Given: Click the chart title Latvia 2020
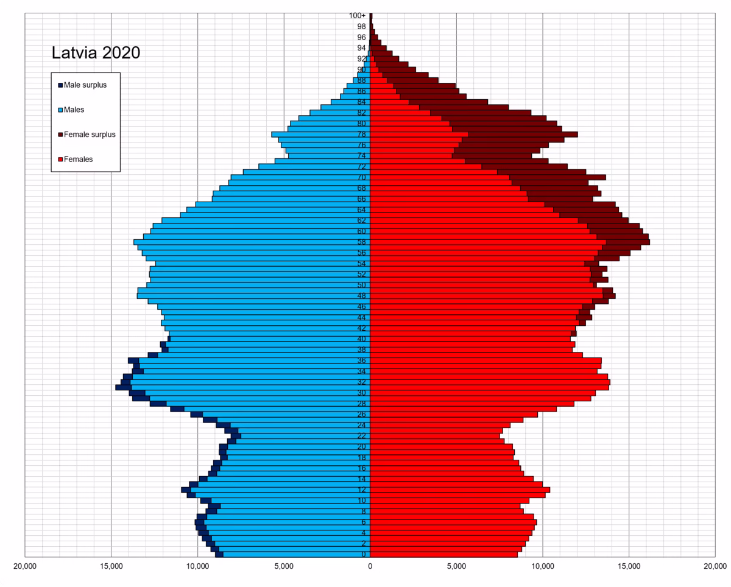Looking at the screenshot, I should click(96, 53).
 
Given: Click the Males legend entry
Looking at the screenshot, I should click(74, 110).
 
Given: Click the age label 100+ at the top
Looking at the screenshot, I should click(358, 16).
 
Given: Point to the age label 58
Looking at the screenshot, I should click(362, 242).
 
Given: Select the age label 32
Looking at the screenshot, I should click(362, 382).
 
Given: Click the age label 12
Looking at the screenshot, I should click(362, 490).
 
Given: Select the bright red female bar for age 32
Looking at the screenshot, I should click(487, 382).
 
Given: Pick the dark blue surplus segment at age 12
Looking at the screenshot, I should click(185, 490).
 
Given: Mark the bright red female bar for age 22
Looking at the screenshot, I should click(433, 436).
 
